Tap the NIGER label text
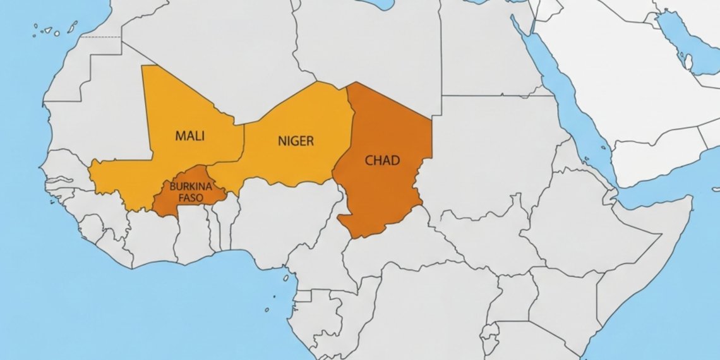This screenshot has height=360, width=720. tap(296, 141)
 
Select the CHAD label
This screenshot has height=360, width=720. tap(382, 160)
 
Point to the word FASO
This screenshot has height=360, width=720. tap(186, 197)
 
